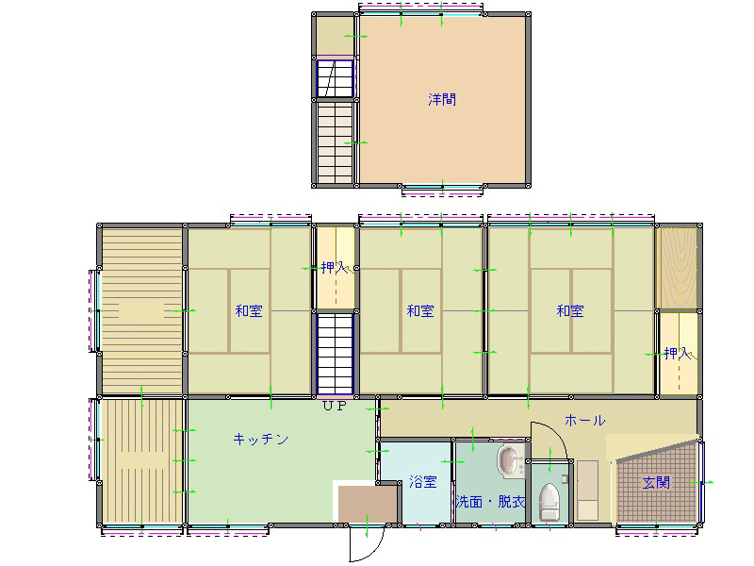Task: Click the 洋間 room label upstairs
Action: [442, 100]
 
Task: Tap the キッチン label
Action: [261, 439]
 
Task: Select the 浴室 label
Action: [423, 482]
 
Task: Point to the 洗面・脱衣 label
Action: [490, 502]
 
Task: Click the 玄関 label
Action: [656, 482]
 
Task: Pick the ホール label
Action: [584, 420]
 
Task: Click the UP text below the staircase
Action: [335, 406]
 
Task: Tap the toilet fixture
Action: [549, 502]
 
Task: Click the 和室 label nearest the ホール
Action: [570, 311]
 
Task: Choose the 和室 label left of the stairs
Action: [249, 311]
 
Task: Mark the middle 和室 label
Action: [420, 311]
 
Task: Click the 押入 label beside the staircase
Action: [336, 268]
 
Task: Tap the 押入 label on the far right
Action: [678, 354]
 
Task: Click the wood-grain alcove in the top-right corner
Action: [678, 268]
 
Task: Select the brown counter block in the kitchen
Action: [368, 504]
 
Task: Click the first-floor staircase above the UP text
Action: [336, 355]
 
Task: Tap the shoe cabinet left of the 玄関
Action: [587, 491]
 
